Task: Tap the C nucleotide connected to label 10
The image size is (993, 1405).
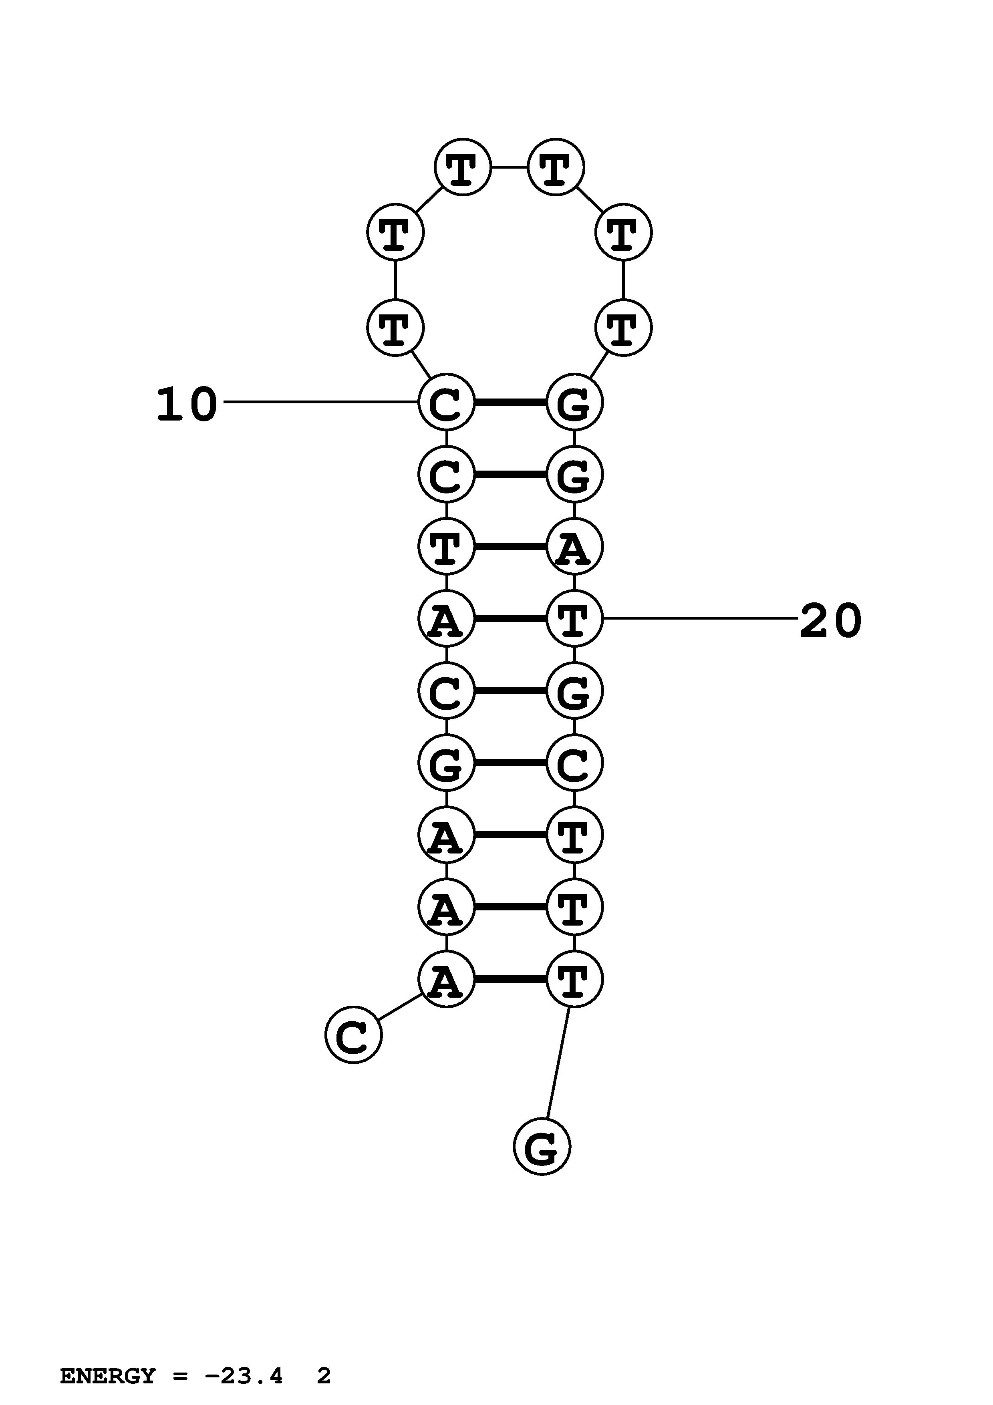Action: (x=446, y=403)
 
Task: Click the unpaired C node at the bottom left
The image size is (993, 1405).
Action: (x=353, y=1034)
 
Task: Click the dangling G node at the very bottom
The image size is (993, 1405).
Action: (x=542, y=1147)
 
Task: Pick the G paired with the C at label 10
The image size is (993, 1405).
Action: (x=574, y=403)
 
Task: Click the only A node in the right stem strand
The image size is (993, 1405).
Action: (x=574, y=546)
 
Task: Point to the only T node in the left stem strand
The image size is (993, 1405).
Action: (x=446, y=546)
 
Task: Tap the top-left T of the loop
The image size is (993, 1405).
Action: (x=463, y=167)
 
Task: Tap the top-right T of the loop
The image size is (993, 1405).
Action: (x=556, y=167)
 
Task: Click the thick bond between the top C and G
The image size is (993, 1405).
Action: (x=510, y=403)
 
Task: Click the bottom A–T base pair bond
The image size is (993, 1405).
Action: (x=510, y=979)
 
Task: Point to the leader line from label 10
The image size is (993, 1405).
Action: (x=318, y=402)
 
